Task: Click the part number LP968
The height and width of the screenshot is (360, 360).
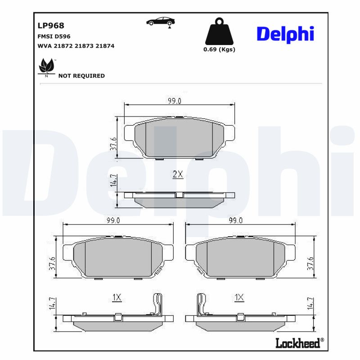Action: point(51,26)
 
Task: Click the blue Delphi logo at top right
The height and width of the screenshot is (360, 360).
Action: point(285,34)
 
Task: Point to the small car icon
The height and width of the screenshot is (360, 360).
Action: point(161,22)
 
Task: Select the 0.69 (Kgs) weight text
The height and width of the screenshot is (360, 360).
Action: point(219,49)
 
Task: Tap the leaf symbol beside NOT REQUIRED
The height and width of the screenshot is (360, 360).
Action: point(47,67)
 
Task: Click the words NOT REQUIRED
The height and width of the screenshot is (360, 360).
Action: point(81,76)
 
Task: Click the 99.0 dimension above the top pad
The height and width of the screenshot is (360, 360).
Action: point(175,101)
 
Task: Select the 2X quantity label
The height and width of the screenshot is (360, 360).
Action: point(178,175)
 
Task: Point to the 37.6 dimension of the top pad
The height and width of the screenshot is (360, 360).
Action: point(113,144)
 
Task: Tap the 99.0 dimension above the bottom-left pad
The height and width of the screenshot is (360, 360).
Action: point(113,220)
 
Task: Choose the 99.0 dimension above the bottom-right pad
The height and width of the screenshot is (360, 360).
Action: point(236,220)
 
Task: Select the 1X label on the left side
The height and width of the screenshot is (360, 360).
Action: point(117,297)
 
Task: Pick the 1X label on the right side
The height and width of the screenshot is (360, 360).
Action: point(239,297)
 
